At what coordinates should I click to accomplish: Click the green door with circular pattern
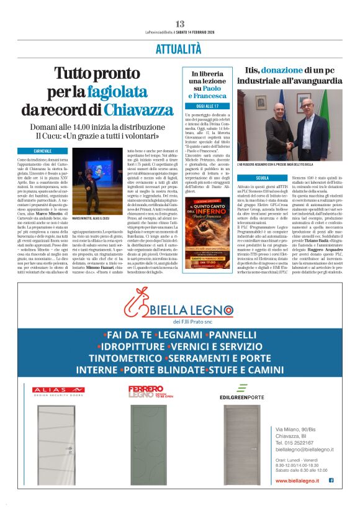(148, 446)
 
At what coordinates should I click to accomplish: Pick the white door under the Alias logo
(58, 446)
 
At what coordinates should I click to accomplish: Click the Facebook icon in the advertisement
(331, 480)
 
